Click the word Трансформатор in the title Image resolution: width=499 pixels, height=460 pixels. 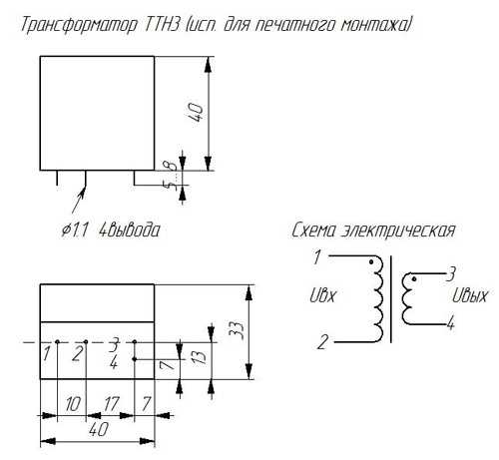[79, 25]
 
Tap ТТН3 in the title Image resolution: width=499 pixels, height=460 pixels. [162, 24]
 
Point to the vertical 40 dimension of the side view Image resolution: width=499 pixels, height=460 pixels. [197, 113]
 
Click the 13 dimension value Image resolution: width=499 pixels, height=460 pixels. [199, 356]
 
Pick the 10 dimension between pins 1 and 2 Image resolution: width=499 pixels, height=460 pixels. [73, 404]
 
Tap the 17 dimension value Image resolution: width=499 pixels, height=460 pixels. [111, 404]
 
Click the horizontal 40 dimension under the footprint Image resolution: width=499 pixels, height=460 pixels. [99, 429]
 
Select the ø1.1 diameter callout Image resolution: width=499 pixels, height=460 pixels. [75, 230]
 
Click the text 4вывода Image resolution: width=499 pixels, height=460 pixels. [130, 230]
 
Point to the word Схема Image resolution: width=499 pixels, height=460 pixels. [313, 230]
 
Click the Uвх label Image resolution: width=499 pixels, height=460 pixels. [323, 295]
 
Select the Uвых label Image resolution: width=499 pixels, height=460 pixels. [469, 295]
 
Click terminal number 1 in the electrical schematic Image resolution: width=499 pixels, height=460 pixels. [317, 257]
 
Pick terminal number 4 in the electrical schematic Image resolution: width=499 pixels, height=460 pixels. [450, 323]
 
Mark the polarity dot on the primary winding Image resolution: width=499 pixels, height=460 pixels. [371, 262]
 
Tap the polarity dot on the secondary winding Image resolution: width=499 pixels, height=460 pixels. [414, 279]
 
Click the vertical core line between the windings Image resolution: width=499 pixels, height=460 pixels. [390, 299]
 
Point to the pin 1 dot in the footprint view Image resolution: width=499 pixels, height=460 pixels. [57, 342]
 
